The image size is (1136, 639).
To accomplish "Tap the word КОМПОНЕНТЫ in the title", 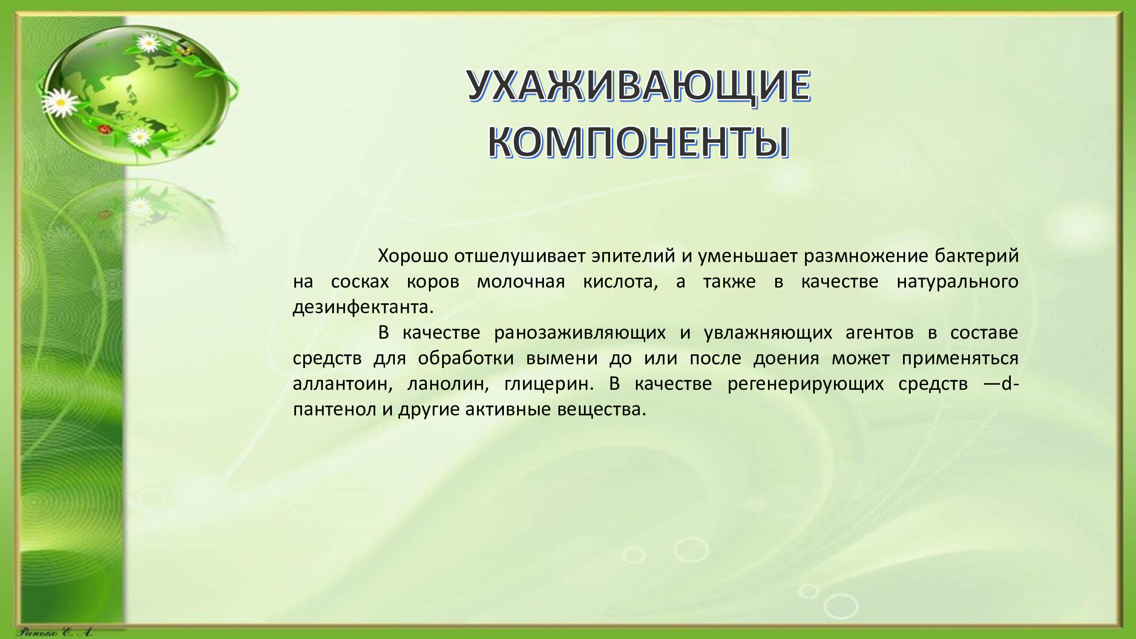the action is (638, 142).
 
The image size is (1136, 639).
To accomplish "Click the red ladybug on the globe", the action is (104, 129).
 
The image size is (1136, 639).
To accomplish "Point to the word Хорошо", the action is (413, 256).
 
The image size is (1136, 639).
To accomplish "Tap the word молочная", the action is (521, 282).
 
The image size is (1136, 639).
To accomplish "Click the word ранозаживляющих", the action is (580, 333).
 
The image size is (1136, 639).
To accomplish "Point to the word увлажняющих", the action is (768, 333).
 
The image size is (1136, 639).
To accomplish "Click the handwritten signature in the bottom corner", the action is (54, 632).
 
